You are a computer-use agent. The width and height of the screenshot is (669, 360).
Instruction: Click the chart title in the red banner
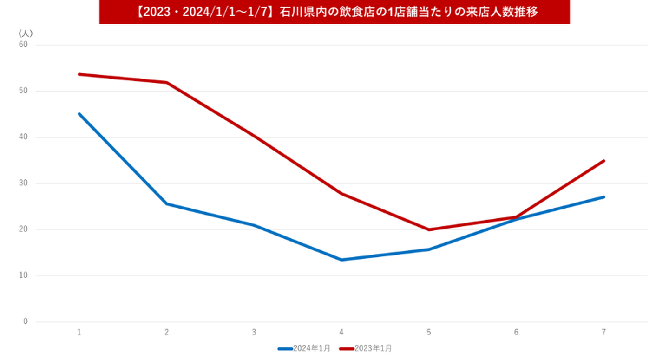(x=334, y=12)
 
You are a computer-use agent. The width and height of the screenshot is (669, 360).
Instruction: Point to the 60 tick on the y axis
(x=23, y=45)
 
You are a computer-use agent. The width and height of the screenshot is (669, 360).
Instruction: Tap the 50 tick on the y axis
(x=23, y=91)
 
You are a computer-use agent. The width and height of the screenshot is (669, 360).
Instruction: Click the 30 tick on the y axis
(x=23, y=183)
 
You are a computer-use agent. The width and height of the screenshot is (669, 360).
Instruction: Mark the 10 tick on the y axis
(x=23, y=276)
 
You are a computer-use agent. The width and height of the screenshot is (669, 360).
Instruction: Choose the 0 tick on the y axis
(x=25, y=322)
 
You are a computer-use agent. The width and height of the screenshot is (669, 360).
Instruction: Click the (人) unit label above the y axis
(x=25, y=33)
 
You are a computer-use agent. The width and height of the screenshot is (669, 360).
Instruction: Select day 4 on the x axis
(x=341, y=333)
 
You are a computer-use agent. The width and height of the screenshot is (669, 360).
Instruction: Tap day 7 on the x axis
(x=604, y=333)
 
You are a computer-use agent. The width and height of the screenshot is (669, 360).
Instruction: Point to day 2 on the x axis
(x=166, y=333)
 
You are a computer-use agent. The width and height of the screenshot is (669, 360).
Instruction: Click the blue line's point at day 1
(x=79, y=114)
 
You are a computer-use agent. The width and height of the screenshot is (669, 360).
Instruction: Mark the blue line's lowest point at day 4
(x=341, y=260)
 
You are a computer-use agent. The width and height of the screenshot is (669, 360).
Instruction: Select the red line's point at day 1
(x=79, y=74)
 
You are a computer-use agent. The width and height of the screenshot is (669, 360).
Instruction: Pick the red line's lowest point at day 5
(x=429, y=229)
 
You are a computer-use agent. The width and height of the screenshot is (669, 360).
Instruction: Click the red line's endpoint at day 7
(x=604, y=161)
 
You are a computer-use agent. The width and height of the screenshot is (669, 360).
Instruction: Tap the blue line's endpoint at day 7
(x=604, y=197)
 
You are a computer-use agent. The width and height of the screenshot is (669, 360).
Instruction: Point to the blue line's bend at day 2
(x=166, y=204)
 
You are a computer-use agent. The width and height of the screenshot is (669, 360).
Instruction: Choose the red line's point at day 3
(x=254, y=136)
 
